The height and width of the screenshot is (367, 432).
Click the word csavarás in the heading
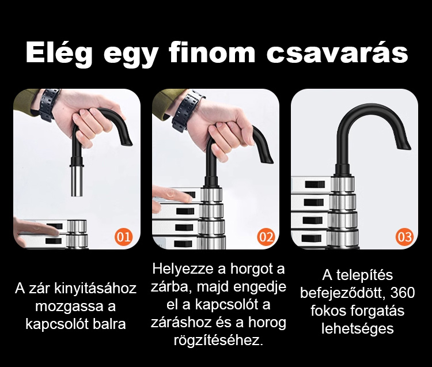tap(337, 53)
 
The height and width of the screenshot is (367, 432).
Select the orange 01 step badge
tap(123, 237)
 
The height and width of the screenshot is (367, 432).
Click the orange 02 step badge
tap(266, 237)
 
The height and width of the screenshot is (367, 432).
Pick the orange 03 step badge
tap(405, 237)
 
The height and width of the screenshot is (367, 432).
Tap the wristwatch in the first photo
tap(49, 104)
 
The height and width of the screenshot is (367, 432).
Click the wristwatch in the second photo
tap(187, 111)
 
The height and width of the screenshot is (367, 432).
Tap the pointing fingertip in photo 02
tap(189, 198)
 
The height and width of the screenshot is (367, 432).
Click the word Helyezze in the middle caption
tap(183, 269)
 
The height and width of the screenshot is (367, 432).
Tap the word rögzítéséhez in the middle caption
tap(218, 340)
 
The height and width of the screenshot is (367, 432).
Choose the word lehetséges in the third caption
tap(357, 329)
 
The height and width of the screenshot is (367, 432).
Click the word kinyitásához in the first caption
tap(95, 289)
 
